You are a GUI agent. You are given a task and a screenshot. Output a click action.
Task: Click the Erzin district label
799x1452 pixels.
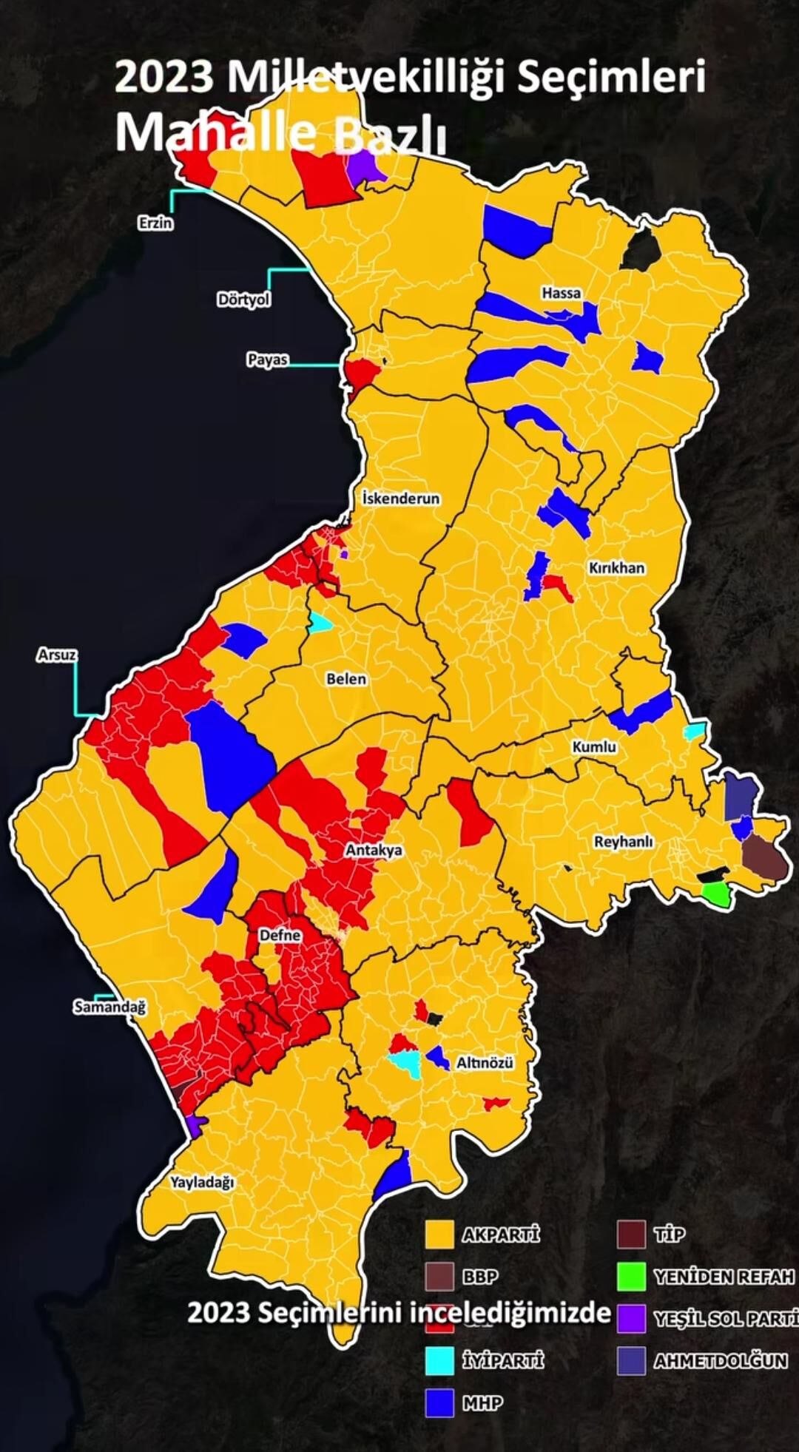(x=155, y=223)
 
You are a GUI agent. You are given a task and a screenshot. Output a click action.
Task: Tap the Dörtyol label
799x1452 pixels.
(x=243, y=300)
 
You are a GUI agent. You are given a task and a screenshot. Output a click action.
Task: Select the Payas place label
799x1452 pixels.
(x=267, y=360)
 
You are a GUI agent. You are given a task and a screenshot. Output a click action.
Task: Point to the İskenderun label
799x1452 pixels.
(x=401, y=499)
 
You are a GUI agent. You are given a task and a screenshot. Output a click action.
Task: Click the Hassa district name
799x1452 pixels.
(x=561, y=293)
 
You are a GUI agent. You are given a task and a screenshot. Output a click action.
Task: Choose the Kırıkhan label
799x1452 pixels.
(x=616, y=568)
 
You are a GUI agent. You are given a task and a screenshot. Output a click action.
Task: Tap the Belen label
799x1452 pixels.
(x=346, y=678)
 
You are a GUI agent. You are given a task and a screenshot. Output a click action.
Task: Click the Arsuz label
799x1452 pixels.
(x=57, y=655)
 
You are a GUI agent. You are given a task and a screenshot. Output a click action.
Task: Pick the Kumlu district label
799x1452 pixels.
(x=594, y=747)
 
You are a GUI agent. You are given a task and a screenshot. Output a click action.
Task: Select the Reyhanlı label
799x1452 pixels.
(x=623, y=842)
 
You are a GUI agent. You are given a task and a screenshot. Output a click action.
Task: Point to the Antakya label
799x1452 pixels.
(x=374, y=850)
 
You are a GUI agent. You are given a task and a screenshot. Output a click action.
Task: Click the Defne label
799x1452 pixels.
(x=280, y=935)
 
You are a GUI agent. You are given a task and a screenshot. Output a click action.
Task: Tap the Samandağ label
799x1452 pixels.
(x=109, y=1007)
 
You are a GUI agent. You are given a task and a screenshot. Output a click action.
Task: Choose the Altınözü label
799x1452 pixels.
(x=485, y=1063)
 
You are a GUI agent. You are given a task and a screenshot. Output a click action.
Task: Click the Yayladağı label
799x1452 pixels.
(x=202, y=1182)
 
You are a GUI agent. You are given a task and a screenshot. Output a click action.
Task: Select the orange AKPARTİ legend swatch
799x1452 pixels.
(x=439, y=1234)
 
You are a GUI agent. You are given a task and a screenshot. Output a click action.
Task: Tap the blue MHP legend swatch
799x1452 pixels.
(x=439, y=1403)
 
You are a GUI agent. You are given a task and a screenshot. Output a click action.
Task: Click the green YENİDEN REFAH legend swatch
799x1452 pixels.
(x=631, y=1276)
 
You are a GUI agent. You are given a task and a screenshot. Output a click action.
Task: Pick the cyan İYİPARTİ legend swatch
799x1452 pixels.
(x=439, y=1361)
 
